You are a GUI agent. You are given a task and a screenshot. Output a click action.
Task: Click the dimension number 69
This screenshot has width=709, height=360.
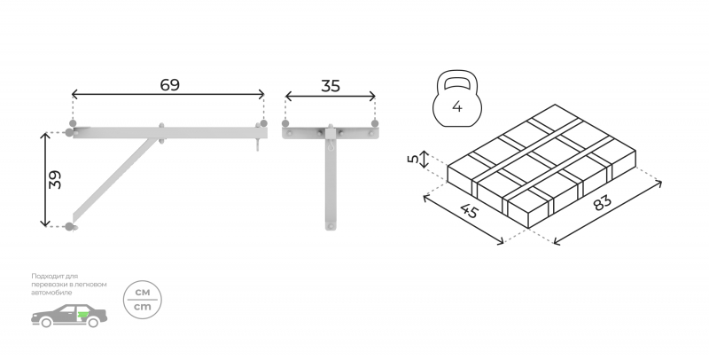pyautogui.click(x=169, y=85)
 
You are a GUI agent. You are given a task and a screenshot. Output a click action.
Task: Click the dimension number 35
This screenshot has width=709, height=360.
pyautogui.click(x=330, y=86)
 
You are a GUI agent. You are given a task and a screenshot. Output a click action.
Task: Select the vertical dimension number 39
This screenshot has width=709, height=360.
pyautogui.click(x=55, y=179)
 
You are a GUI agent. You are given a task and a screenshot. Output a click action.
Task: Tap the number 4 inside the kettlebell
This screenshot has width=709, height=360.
pyautogui.click(x=457, y=107)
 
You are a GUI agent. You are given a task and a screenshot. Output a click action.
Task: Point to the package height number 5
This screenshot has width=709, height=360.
pyautogui.click(x=413, y=160)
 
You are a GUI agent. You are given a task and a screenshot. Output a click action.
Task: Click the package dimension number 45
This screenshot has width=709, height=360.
pyautogui.click(x=470, y=210)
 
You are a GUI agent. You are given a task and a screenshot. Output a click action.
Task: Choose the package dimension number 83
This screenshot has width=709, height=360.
pyautogui.click(x=602, y=202)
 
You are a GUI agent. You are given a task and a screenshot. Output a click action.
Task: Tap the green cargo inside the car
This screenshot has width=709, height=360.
pyautogui.click(x=83, y=314)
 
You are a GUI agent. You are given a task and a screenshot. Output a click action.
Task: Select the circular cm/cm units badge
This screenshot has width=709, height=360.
pyautogui.click(x=143, y=300)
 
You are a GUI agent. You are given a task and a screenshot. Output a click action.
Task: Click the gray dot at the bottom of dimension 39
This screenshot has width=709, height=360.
pyautogui.click(x=69, y=227)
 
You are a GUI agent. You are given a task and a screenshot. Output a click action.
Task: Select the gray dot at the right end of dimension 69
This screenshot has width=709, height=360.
pyautogui.click(x=263, y=123)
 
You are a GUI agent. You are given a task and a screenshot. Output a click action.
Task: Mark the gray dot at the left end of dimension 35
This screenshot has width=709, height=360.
pyautogui.click(x=285, y=123)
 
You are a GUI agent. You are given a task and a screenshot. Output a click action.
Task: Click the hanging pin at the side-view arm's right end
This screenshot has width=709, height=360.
pyautogui.click(x=258, y=145)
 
